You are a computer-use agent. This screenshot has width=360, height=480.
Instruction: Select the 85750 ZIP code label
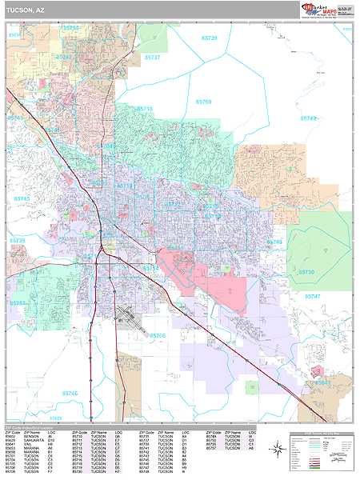pos(203,102)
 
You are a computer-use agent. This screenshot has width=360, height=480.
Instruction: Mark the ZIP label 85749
pos(307,118)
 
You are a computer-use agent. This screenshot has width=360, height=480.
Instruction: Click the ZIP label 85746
pos(70,393)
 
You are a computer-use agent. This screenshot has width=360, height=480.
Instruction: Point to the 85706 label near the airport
pos(157,313)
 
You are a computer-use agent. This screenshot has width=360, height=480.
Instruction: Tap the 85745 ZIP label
pos(22,198)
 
